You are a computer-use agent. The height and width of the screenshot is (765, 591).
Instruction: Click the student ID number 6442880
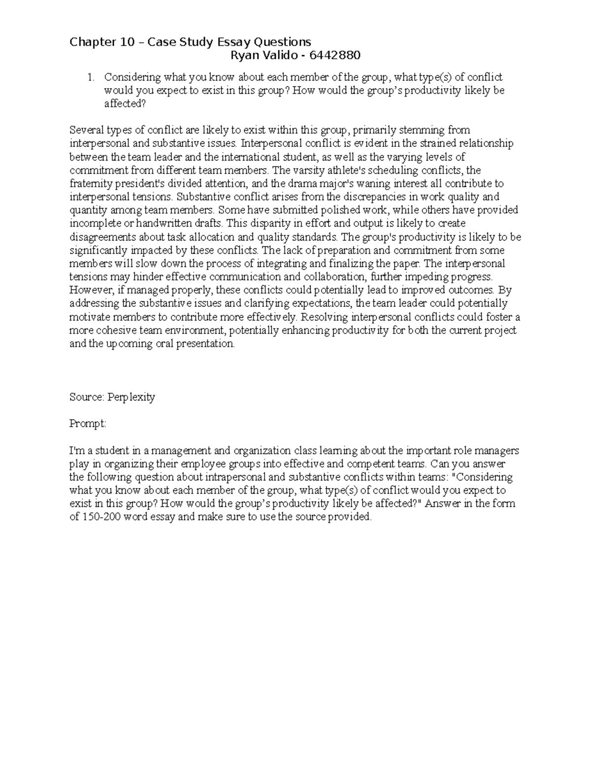[334, 55]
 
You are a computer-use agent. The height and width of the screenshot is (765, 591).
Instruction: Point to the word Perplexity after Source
[131, 397]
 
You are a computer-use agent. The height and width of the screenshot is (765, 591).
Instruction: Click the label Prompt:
[88, 424]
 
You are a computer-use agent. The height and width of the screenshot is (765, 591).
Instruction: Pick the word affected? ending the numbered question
[125, 104]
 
